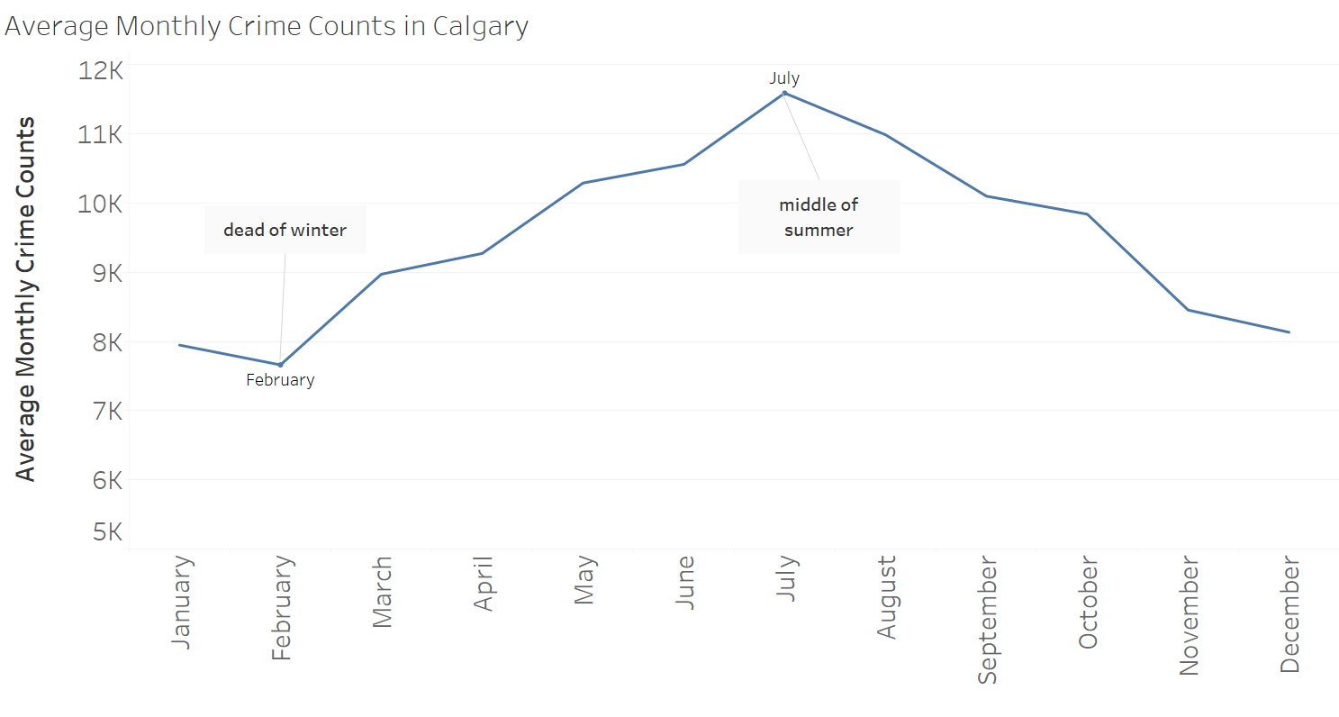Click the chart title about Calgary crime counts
267,26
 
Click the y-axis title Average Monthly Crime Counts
26,299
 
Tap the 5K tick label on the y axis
102,531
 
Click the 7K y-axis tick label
102,412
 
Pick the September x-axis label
988,622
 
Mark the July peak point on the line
784,93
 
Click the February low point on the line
280,365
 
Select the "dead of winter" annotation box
285,230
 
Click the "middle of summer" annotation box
819,217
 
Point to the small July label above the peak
784,78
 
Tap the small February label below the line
280,380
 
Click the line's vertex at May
584,183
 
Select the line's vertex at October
1088,214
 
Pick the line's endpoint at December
1289,332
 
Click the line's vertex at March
382,274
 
